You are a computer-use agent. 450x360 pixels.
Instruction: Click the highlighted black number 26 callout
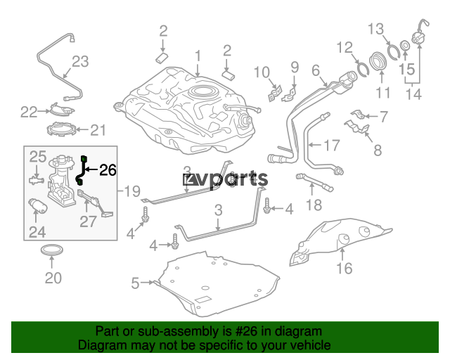[108, 170]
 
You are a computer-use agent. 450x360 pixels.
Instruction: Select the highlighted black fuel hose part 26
[82, 169]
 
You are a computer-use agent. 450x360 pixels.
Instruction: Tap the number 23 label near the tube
[80, 61]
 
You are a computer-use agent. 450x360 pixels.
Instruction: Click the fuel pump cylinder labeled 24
[37, 205]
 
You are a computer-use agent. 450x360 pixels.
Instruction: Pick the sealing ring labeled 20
[52, 250]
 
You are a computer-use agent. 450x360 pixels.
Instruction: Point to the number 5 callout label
[135, 283]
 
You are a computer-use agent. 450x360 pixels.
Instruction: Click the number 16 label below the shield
[344, 269]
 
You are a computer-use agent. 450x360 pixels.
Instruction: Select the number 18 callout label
[314, 205]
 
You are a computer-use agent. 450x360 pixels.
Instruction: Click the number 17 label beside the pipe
[332, 146]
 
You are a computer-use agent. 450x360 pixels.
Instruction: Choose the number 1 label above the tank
[198, 56]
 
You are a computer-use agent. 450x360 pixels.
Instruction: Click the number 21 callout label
[98, 130]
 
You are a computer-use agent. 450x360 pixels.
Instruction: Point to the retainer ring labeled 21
[61, 129]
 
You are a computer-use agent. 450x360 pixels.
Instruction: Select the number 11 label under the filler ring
[383, 92]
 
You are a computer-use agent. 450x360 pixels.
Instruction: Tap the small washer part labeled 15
[405, 45]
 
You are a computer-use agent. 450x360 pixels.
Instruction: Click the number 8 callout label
[378, 150]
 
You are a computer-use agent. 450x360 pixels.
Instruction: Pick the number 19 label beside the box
[131, 191]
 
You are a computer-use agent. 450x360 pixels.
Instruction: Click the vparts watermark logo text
[226, 179]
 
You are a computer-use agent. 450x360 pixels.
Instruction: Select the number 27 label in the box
[88, 221]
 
